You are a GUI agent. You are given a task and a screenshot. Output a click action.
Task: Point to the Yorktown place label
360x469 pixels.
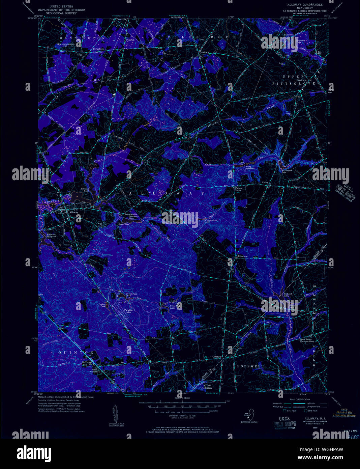pos(204,52)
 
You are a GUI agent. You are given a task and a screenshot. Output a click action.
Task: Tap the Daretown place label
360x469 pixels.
pos(301,80)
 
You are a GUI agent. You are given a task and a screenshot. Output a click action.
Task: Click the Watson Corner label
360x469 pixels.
pos(238,189)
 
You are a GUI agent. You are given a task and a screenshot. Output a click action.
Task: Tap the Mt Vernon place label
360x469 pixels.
pos(87,363)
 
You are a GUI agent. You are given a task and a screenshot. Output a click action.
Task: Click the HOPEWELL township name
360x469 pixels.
pos(250,366)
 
